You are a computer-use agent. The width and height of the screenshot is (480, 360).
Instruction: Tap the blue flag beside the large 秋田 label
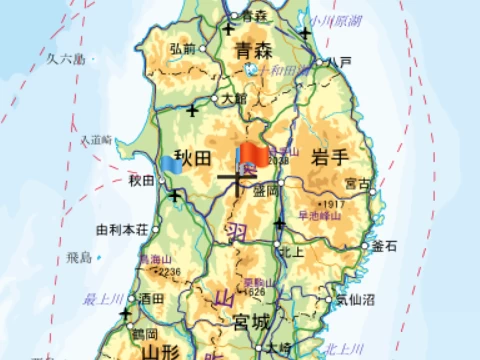point(171,164)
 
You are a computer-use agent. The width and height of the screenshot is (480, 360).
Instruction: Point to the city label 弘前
point(182,48)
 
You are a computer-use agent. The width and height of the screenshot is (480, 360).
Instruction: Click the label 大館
point(233,99)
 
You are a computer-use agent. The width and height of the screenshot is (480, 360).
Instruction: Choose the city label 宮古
point(357,184)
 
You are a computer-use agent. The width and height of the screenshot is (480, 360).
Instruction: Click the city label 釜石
point(385,245)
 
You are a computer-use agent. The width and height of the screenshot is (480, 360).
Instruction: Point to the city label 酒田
point(153,298)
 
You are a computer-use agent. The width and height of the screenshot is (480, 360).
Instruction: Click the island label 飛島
point(79,257)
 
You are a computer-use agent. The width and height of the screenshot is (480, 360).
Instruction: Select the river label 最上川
point(102,297)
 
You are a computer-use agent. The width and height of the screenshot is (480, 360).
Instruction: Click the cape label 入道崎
point(99,140)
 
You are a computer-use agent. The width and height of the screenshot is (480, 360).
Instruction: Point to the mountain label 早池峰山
point(321,215)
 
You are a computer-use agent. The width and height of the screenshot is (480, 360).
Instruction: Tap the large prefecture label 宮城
point(251,322)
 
